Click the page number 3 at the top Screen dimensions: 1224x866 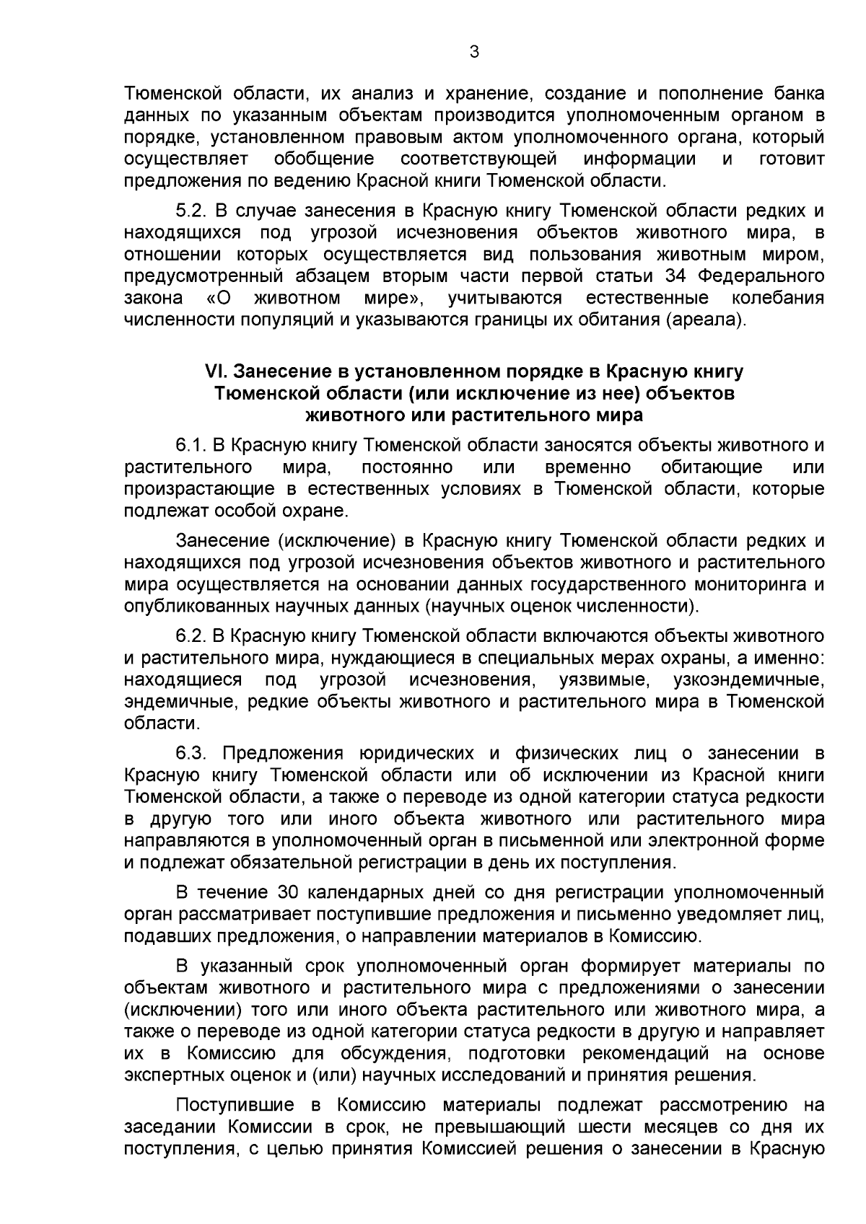pyautogui.click(x=473, y=51)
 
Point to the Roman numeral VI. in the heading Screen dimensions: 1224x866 pyautogui.click(x=216, y=371)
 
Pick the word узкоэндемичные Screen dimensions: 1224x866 pyautogui.click(x=748, y=679)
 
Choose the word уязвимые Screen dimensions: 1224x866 pyautogui.click(x=602, y=679)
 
